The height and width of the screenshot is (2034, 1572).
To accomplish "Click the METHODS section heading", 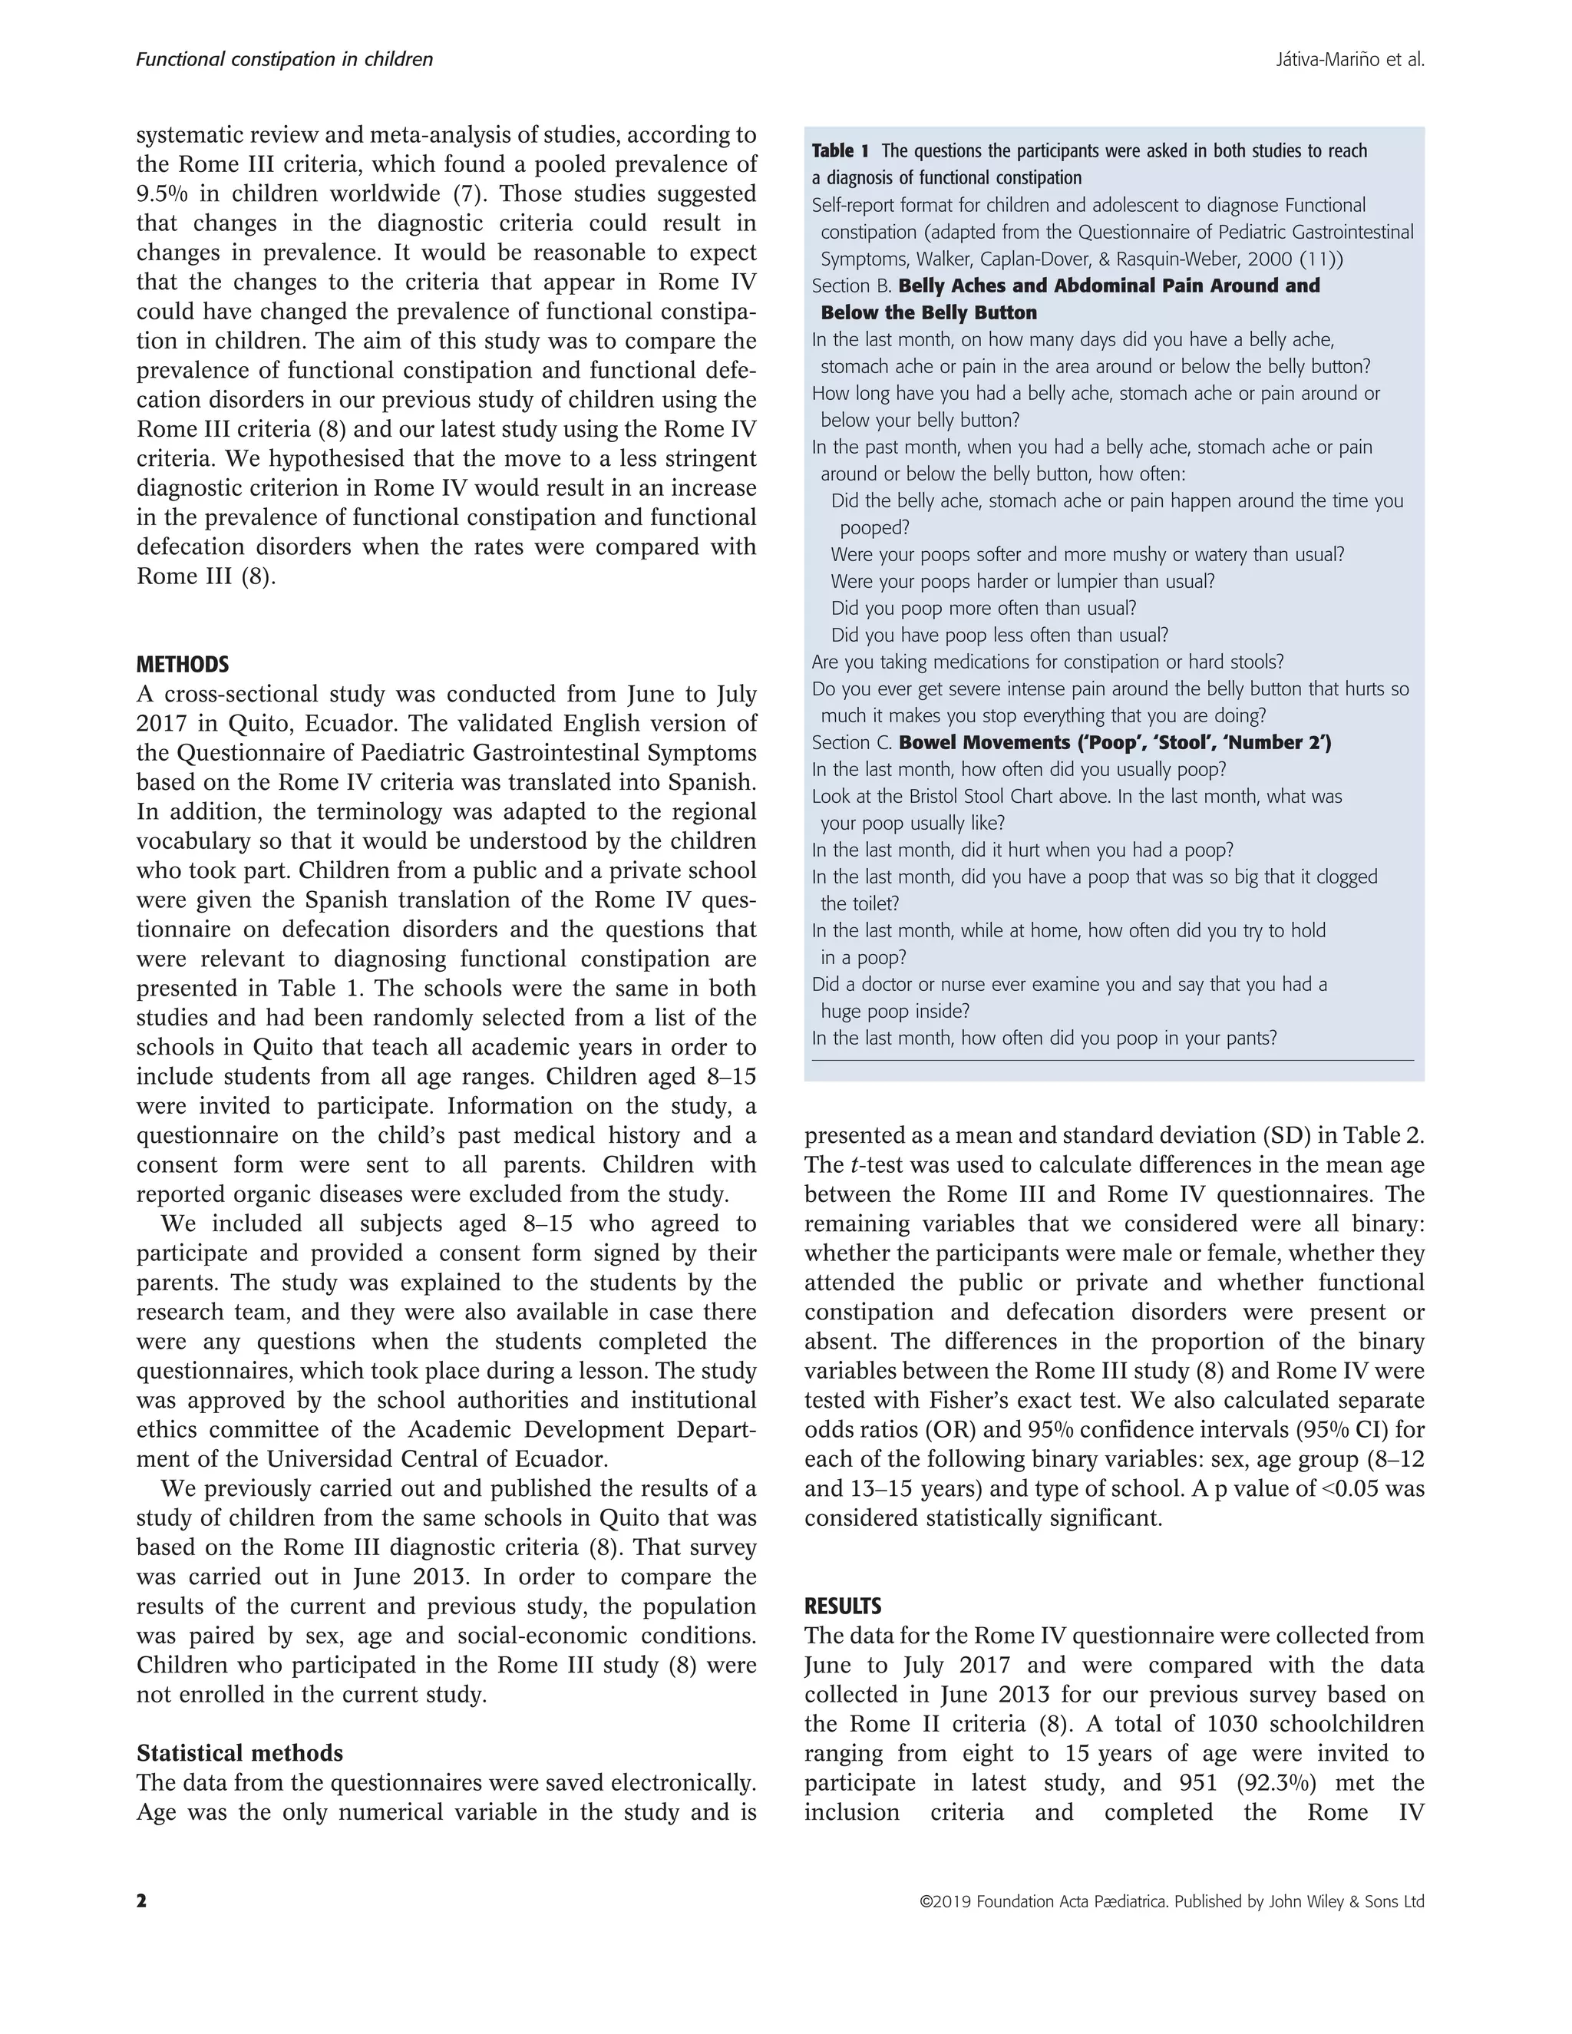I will point(183,665).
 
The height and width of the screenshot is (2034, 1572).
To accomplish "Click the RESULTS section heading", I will point(843,1606).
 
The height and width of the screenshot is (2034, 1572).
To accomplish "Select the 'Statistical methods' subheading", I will point(239,1754).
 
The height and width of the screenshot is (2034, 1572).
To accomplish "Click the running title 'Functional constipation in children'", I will point(284,60).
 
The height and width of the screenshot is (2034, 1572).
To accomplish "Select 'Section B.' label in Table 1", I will point(851,286).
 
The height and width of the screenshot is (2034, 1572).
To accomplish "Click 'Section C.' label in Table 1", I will point(851,743).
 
